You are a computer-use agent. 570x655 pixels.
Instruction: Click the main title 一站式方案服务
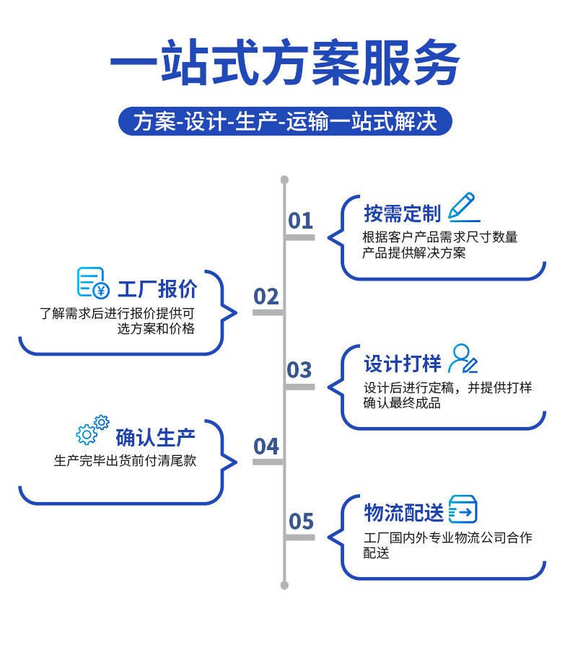coord(284,63)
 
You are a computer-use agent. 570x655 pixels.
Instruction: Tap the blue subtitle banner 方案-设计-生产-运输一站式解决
coord(284,121)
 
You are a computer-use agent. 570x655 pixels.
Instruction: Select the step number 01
coord(300,221)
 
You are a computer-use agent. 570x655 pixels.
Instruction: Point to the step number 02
coord(266,296)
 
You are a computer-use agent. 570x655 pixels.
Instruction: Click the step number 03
coord(299,370)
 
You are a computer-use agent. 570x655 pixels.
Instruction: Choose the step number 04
coord(266,447)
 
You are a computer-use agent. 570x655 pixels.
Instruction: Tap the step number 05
coord(301,521)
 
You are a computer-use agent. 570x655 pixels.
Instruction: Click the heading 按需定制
coord(402,214)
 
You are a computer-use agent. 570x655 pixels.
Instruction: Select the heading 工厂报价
coord(157,289)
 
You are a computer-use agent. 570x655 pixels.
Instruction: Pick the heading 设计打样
coord(402,363)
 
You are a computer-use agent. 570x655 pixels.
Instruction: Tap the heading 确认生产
coord(155,437)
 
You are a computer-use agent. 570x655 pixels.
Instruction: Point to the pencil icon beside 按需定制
coord(462,206)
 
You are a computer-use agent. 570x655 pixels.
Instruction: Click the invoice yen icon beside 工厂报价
coord(93,283)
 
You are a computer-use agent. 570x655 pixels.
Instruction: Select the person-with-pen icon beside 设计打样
coord(462,359)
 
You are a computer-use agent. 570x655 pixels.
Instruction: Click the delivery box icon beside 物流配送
coord(462,509)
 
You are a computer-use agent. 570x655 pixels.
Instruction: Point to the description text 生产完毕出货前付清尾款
coord(125,461)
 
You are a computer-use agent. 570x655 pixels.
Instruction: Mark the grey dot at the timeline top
coord(284,180)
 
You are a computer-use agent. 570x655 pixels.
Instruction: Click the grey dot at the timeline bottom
coord(284,585)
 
